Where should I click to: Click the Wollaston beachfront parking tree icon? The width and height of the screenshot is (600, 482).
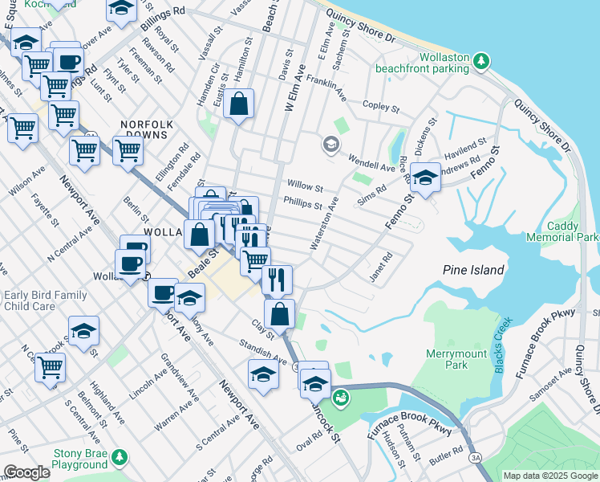(481, 60)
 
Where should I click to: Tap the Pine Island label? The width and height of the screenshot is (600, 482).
(473, 271)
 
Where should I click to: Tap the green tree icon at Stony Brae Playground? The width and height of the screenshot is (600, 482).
(120, 457)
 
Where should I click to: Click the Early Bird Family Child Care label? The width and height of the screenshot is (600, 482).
(45, 301)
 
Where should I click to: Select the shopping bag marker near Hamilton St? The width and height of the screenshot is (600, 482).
(239, 104)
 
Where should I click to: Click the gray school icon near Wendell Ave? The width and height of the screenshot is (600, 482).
(330, 145)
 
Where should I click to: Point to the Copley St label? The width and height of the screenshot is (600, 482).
(381, 107)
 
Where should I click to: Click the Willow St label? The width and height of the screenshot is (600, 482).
(305, 187)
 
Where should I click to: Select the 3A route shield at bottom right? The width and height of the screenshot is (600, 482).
(476, 457)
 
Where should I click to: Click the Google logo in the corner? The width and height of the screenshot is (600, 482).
(26, 472)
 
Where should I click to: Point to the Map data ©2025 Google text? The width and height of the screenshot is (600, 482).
(549, 476)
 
